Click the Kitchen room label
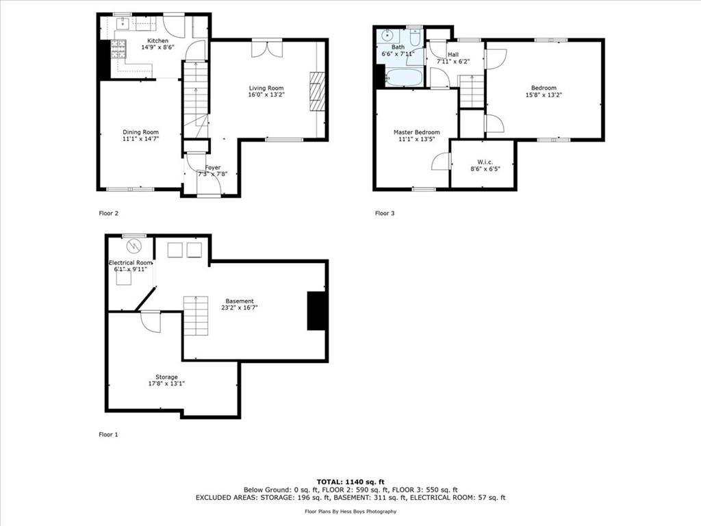(x=158, y=40)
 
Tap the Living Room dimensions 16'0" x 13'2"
(x=266, y=95)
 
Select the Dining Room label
(x=141, y=132)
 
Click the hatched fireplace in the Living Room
(x=316, y=91)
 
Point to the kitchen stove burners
(x=118, y=49)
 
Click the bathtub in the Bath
(x=403, y=78)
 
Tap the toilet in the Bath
(x=414, y=39)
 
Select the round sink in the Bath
(x=386, y=35)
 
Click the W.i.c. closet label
(x=485, y=162)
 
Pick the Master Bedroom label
(x=417, y=132)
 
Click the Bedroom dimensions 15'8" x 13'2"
(x=544, y=95)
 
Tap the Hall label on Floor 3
(x=453, y=55)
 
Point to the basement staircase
(x=196, y=316)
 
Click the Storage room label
(x=167, y=377)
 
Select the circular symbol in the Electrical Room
(x=133, y=246)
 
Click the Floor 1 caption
(x=109, y=434)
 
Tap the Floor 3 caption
(x=385, y=214)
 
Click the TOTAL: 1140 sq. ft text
(x=350, y=481)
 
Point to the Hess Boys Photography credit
(x=350, y=511)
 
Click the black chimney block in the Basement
(x=316, y=311)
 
